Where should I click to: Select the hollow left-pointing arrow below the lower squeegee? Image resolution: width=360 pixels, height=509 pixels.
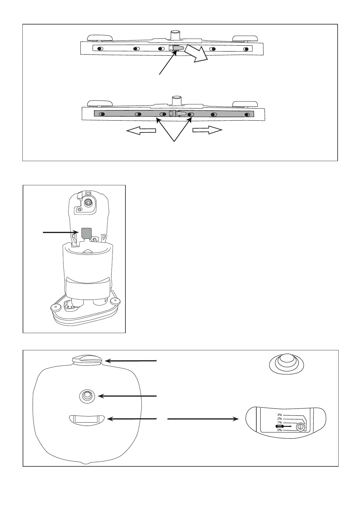click(141, 131)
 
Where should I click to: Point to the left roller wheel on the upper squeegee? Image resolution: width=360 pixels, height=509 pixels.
click(100, 38)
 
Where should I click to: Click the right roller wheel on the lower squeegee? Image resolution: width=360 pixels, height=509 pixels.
click(245, 104)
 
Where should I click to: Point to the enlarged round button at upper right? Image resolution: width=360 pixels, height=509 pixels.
click(286, 362)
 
